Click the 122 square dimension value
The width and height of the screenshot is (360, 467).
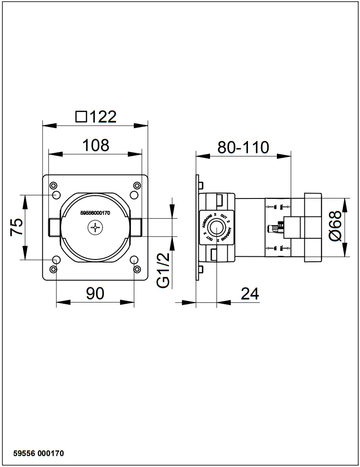point(103,117)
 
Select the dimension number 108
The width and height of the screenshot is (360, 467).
point(95,145)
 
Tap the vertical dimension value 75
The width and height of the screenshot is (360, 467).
point(16,227)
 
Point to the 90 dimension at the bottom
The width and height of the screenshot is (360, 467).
point(95,293)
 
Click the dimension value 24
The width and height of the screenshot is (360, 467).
point(249,294)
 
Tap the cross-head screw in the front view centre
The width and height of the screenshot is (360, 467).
point(95,227)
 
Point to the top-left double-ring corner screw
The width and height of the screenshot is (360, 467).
point(54,185)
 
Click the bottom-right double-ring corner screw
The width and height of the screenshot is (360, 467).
point(137,269)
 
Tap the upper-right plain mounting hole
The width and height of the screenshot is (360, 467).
point(134,194)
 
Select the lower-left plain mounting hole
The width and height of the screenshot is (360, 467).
point(56,260)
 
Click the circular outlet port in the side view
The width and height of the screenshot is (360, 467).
point(217,227)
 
